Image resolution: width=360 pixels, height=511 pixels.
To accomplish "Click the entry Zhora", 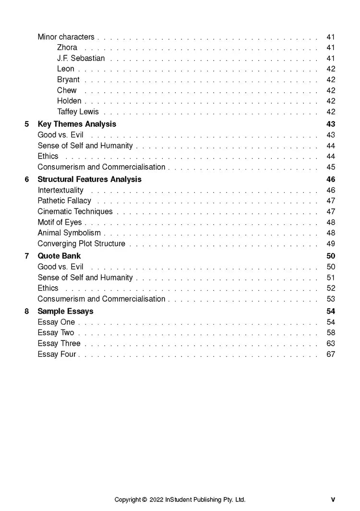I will pos(67,48).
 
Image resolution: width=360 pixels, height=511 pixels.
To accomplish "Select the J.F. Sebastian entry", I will pos(81,58).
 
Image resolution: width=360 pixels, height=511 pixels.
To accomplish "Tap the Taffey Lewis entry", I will pos(78,112).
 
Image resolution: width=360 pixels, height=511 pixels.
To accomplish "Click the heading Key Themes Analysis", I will pos(77,124).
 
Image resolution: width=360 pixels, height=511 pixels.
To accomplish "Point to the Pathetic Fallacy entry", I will pos(64,201).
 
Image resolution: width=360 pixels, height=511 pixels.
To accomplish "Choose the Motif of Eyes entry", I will pos(60,222).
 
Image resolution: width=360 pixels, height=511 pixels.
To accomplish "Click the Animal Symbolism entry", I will pos(69,233).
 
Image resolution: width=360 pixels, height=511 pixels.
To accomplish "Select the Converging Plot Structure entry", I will pos(81,243).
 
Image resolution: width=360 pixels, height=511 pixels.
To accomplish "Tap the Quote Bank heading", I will pos(59,256).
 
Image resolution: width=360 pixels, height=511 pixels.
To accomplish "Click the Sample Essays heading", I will pos(65,311).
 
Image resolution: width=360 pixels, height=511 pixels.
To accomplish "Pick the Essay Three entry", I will pos(59,343).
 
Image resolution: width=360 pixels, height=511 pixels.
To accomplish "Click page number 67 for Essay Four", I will pos(331,354).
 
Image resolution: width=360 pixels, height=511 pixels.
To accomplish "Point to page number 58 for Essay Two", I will pos(331,333).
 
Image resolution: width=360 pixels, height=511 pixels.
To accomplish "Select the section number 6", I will pos(27,179).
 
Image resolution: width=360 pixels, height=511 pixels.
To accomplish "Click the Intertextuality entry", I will pos(60,190).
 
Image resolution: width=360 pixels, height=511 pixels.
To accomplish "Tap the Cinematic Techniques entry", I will pos(75,211).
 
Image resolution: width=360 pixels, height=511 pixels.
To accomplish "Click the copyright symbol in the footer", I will pos(144,500).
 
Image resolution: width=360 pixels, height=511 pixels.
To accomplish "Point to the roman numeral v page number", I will pos(333,500).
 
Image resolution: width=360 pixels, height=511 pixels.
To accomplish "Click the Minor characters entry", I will pos(66,37).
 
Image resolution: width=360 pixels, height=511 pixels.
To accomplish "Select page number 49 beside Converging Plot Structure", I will pos(331,243).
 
